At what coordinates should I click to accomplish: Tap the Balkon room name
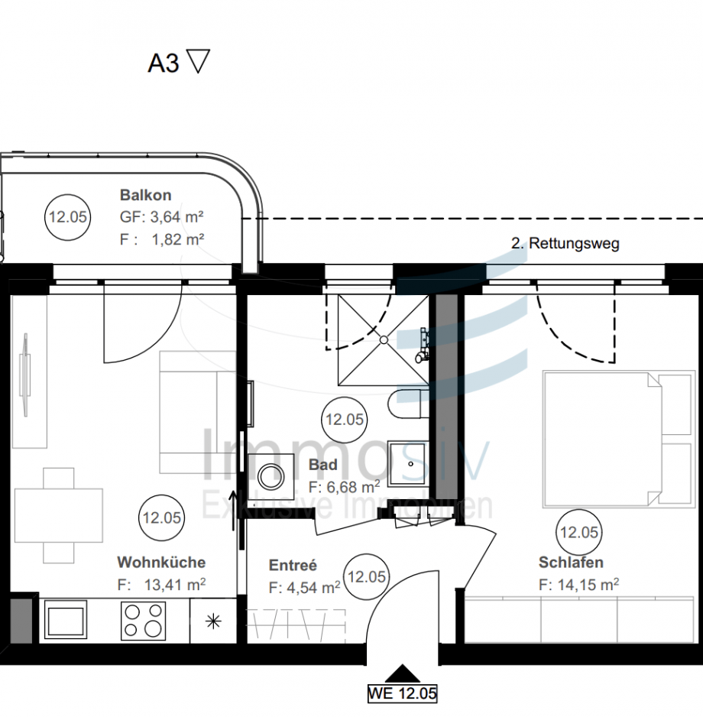pyautogui.click(x=145, y=196)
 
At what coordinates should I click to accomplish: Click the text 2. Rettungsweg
pyautogui.click(x=565, y=245)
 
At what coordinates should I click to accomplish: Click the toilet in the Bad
pyautogui.click(x=407, y=404)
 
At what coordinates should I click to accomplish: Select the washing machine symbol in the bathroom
pyautogui.click(x=270, y=475)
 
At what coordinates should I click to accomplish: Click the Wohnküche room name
pyautogui.click(x=161, y=563)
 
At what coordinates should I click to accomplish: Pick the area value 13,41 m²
pyautogui.click(x=174, y=586)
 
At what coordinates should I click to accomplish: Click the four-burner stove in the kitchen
pyautogui.click(x=143, y=621)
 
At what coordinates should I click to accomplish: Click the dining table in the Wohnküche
pyautogui.click(x=58, y=514)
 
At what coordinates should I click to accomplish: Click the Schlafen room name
pyautogui.click(x=570, y=563)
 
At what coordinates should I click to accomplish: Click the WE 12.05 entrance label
pyautogui.click(x=402, y=694)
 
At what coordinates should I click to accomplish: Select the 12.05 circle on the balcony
pyautogui.click(x=67, y=217)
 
